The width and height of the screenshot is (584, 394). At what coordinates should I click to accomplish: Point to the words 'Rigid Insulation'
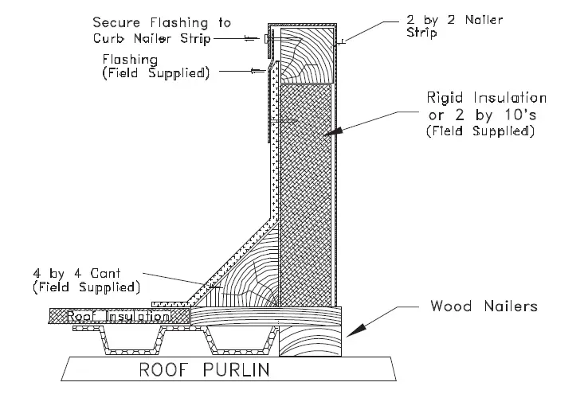[x=485, y=99]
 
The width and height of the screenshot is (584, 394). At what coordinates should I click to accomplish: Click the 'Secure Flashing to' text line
[x=153, y=21]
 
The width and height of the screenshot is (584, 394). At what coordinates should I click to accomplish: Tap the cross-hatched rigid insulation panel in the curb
[x=308, y=191]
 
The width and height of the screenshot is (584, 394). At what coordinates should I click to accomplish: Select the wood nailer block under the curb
[x=311, y=341]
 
